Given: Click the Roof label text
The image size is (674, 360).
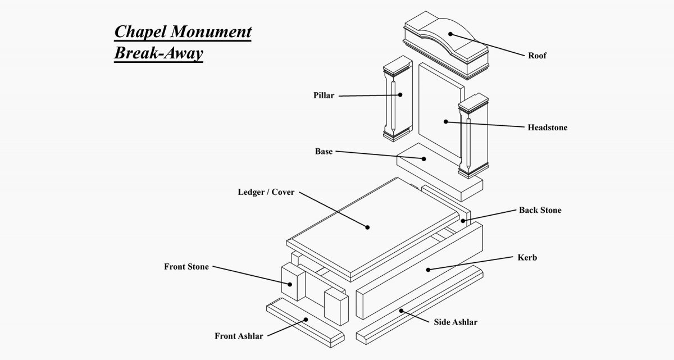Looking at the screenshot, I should coord(537,56).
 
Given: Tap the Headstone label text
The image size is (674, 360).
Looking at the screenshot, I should coord(547,127).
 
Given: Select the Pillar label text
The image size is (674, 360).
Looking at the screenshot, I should coord(324,95).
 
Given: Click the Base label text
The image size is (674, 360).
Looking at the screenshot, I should coord(324,152).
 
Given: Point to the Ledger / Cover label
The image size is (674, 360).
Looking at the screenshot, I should coord(266,192).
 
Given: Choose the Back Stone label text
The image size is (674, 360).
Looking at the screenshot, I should coord(539,210).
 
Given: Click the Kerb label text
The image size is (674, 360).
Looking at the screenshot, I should coord(527,258).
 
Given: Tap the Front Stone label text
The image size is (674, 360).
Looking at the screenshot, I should coord(186,266).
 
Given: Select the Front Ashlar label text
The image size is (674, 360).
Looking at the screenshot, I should coord(239,336).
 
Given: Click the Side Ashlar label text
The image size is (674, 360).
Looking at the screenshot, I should coord(456,322).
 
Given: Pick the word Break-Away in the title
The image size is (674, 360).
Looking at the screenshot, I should coord(158,53).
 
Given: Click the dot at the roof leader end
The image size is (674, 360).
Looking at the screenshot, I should coord(450,34).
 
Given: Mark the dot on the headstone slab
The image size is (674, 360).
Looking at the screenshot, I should coord(445,121).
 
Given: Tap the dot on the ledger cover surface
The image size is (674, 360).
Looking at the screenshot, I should coord(367,227).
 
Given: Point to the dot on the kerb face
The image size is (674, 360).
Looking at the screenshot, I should coord(428,270).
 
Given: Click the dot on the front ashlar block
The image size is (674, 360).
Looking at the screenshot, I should coord(306,320).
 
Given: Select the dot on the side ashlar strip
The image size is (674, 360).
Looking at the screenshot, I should coord(400,310).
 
